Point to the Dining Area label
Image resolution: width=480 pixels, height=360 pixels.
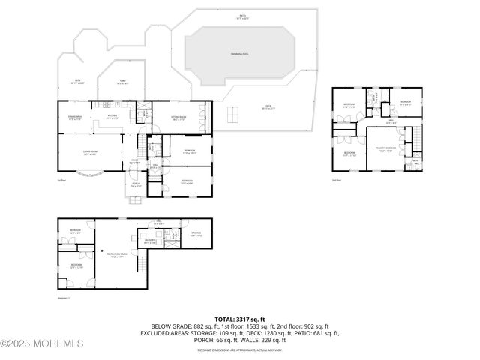(x=75, y=116)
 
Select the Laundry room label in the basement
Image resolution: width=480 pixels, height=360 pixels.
(x=149, y=241)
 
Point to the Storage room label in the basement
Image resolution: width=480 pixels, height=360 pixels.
(x=196, y=233)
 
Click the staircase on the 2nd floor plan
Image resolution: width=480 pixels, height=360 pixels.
(x=409, y=138)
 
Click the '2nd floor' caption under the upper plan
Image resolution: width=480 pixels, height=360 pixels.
(x=336, y=180)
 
